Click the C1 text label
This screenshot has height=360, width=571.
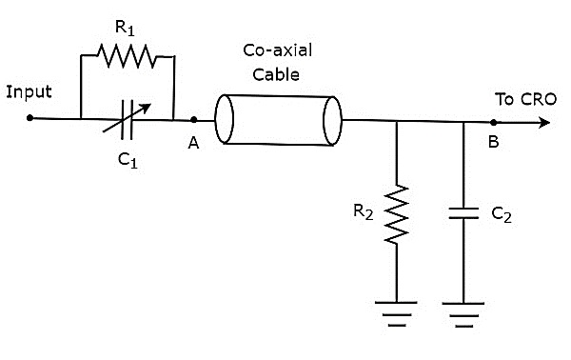(x=128, y=161)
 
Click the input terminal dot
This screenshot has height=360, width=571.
(x=30, y=119)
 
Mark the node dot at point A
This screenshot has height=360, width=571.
(x=194, y=120)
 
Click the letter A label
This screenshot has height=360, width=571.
(x=193, y=144)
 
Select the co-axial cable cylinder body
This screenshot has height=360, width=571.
(x=278, y=120)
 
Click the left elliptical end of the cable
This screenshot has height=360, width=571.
(x=226, y=120)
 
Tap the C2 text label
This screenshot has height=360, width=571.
(x=502, y=217)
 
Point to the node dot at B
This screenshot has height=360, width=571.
(x=494, y=121)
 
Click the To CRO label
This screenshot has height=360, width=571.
(x=520, y=98)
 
